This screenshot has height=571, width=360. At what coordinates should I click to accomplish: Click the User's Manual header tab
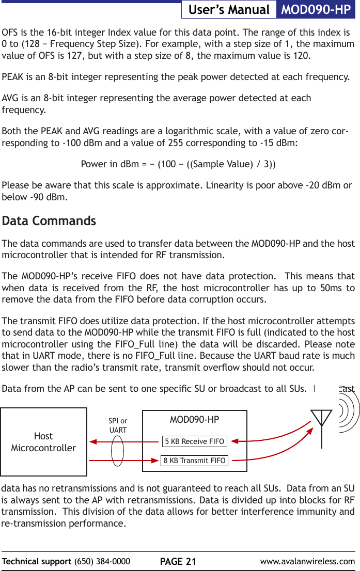click(x=229, y=10)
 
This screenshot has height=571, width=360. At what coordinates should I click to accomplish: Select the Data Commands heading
click(x=49, y=221)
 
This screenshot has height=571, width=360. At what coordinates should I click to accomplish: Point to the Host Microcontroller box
click(x=43, y=442)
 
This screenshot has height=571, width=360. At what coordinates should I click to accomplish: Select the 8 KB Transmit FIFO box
click(x=194, y=461)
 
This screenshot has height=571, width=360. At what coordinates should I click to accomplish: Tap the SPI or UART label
click(x=118, y=426)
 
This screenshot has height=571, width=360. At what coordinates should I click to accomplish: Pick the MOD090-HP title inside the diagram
click(x=194, y=419)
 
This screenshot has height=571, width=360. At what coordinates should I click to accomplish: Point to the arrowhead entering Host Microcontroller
click(x=93, y=442)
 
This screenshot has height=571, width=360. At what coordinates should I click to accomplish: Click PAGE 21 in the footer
click(x=178, y=562)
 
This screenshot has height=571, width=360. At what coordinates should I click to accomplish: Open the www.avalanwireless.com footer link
click(x=307, y=562)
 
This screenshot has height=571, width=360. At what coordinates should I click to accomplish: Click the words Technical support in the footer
click(x=37, y=562)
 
